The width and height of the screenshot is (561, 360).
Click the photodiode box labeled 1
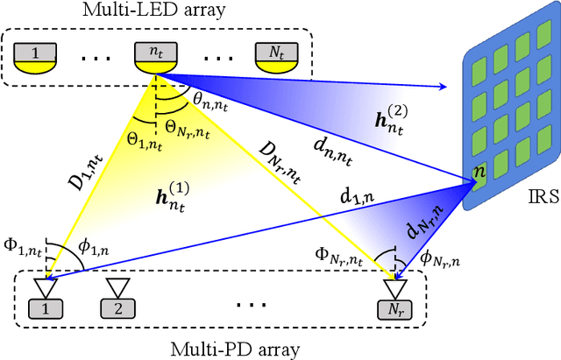(x=40, y=308)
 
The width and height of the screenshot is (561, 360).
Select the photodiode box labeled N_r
(x=394, y=308)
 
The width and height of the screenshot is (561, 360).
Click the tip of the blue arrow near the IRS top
(x=444, y=86)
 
